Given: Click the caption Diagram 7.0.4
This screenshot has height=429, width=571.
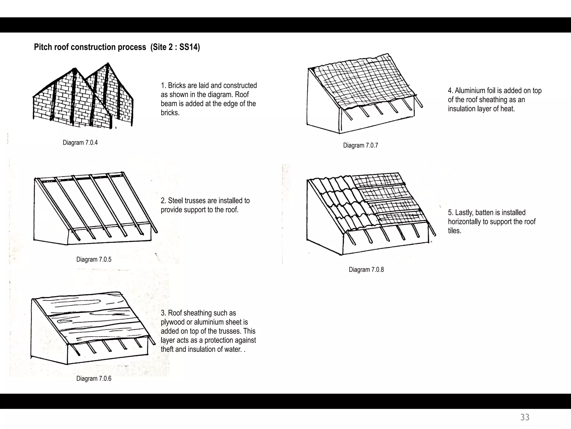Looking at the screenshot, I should point(80,143).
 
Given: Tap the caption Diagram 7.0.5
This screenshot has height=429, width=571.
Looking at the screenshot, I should point(94,259).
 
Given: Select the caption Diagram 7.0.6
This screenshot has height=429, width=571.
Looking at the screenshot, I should point(94,379).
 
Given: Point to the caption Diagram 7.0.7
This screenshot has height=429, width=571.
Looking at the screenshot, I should point(360,146).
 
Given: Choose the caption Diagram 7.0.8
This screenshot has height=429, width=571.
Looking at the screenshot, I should point(366,270).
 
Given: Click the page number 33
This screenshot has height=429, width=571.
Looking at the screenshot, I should point(525,417).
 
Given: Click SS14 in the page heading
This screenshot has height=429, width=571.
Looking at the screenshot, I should point(188,47).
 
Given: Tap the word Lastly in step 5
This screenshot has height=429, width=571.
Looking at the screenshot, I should point(464,213).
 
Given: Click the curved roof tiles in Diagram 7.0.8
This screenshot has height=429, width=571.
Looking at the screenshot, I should point(343,204).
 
